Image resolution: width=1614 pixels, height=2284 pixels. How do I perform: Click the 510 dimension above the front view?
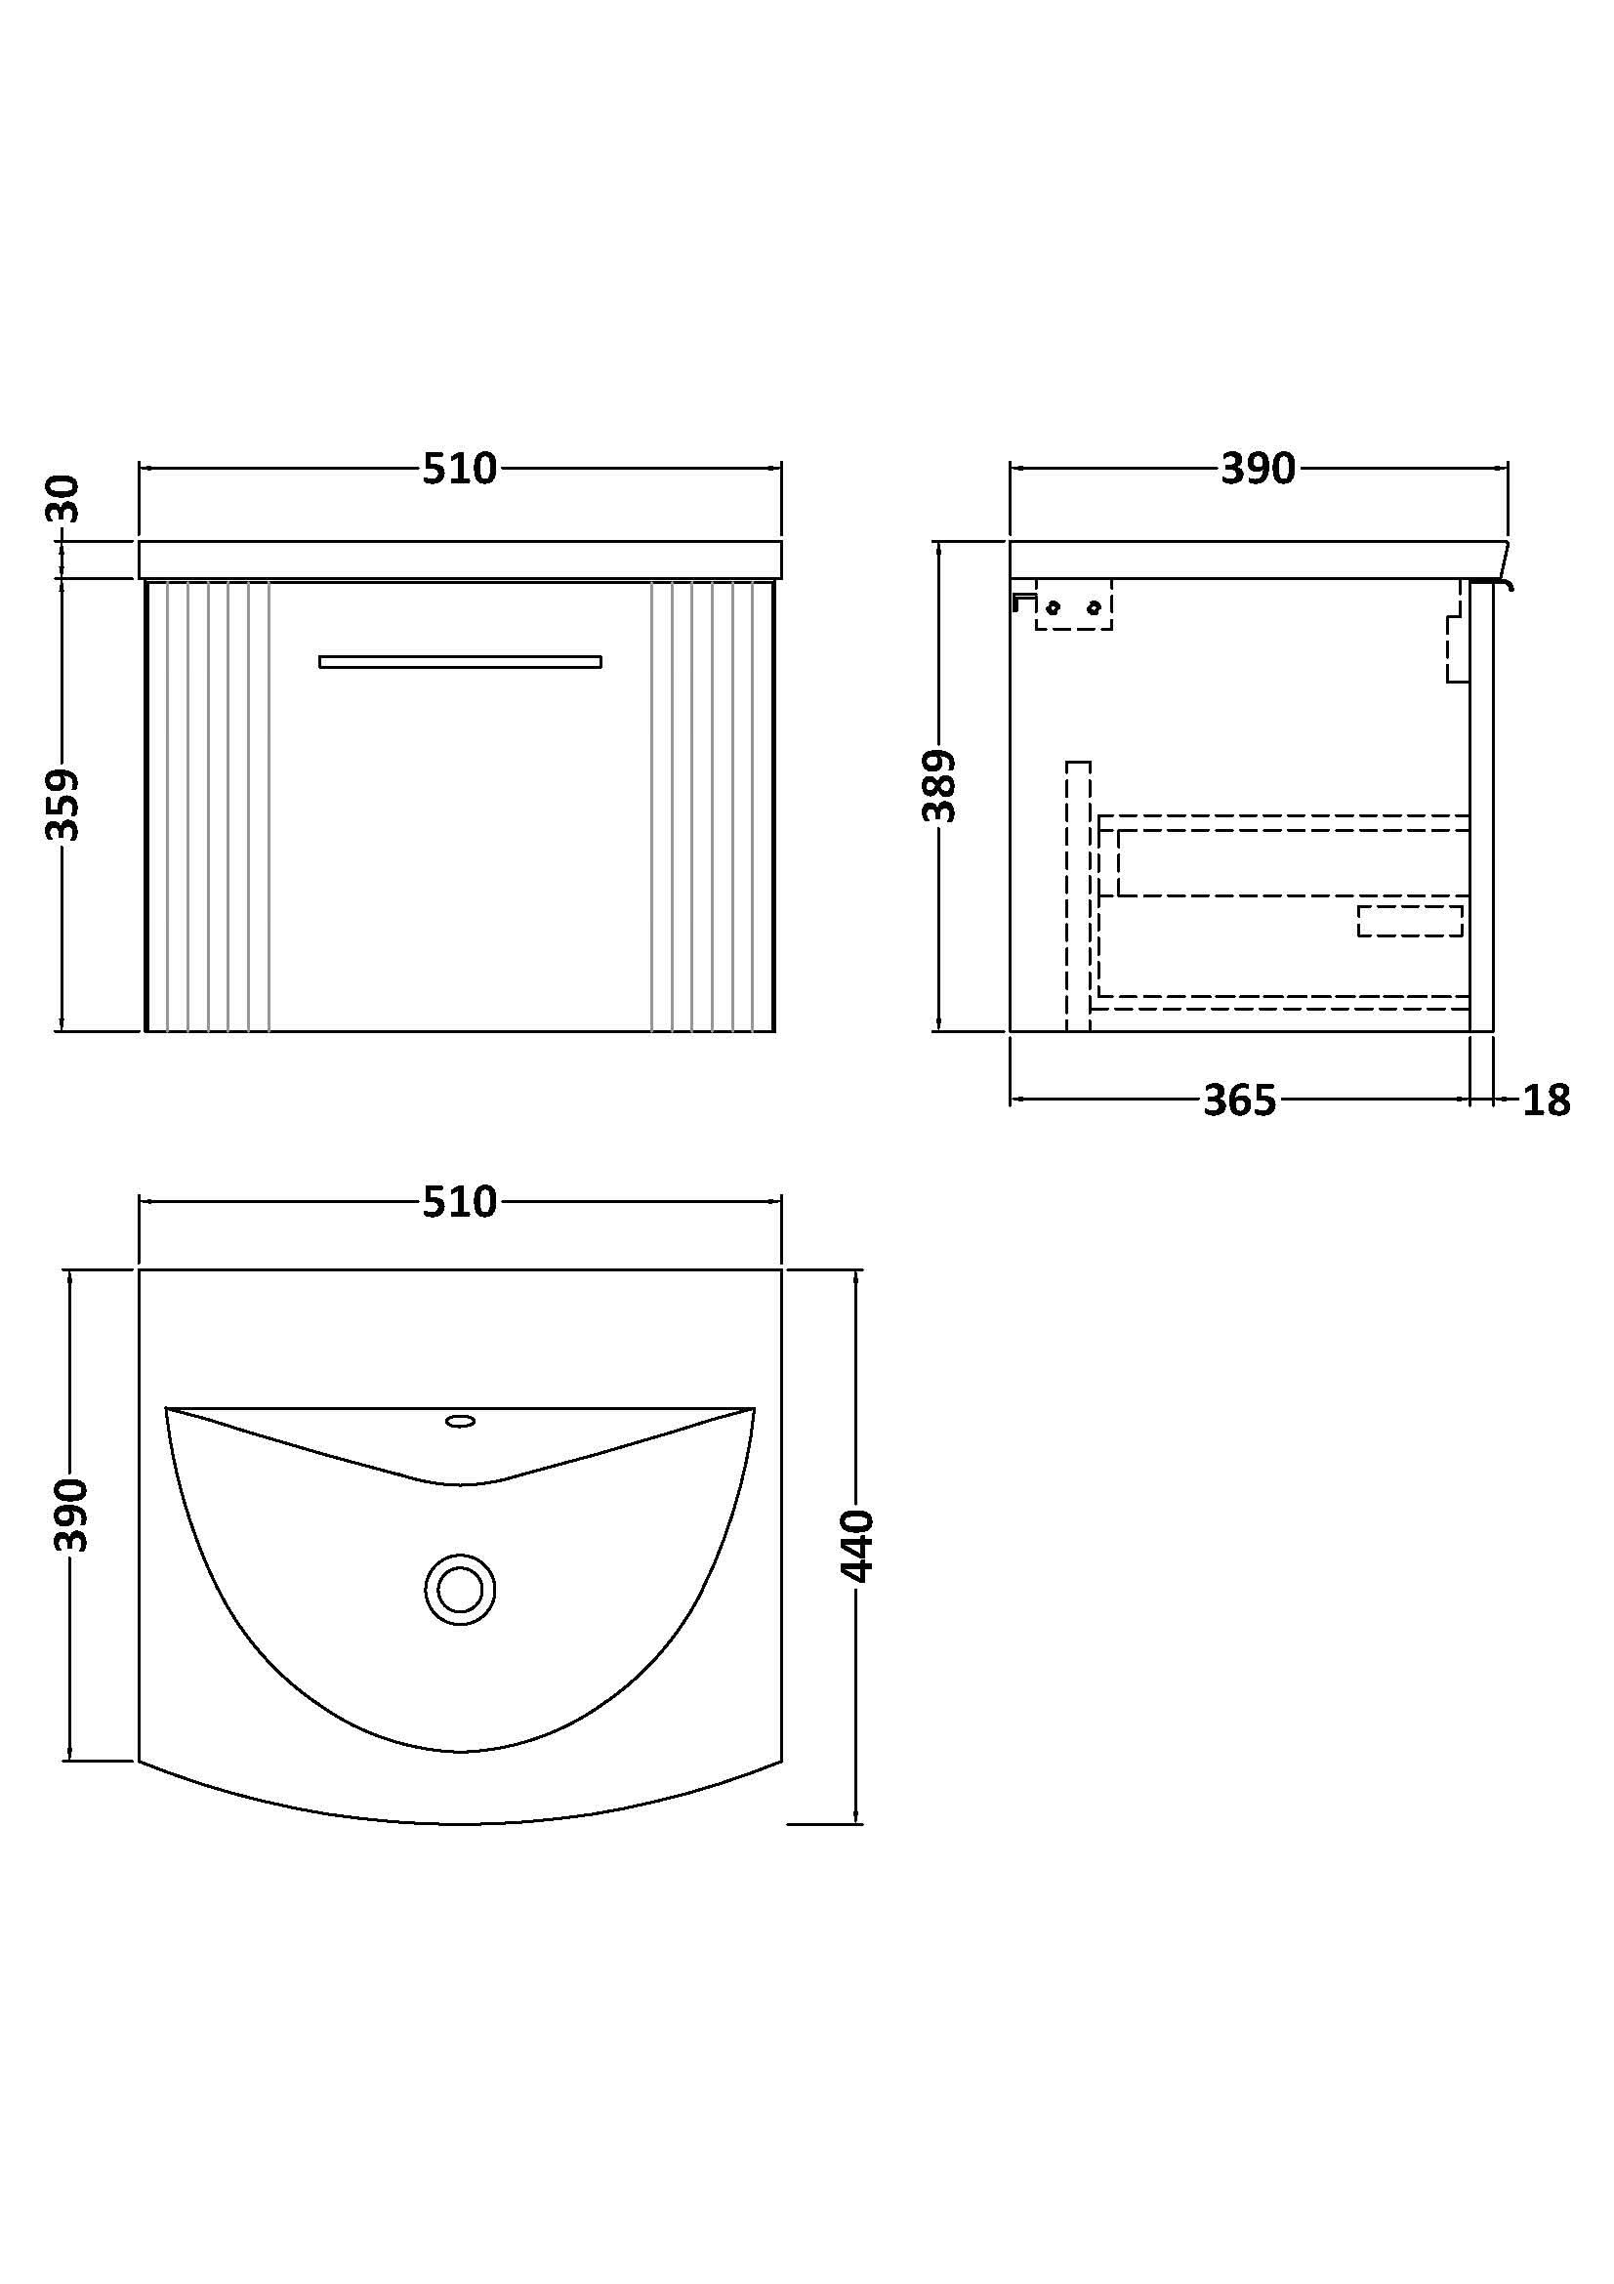coord(460,469)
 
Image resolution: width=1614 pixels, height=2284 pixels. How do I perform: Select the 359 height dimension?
coord(63,804)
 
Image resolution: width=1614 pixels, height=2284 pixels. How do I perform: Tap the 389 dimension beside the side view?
coord(938,786)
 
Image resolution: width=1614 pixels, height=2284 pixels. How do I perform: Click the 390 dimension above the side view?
coord(1258,469)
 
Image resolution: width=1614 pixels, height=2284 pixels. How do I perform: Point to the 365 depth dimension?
coord(1239,1100)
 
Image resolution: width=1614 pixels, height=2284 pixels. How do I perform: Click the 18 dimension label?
coord(1547,1100)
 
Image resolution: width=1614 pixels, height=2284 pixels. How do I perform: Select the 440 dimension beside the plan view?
coord(857,1546)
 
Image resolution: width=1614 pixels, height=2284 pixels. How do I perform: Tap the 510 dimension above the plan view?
coord(460,1202)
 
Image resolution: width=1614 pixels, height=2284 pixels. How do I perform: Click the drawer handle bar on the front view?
coord(460,661)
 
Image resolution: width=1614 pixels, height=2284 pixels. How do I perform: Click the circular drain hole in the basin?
coord(460,1590)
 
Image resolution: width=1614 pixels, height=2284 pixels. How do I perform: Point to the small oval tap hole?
coord(460,1422)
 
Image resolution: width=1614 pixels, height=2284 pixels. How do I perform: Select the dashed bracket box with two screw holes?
coord(1073,605)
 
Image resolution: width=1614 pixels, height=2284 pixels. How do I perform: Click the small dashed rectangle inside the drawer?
coord(1409,920)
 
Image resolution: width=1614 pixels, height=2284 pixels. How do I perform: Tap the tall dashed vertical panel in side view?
coord(1078,895)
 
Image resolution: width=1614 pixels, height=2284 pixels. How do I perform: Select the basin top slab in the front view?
coord(460,561)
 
